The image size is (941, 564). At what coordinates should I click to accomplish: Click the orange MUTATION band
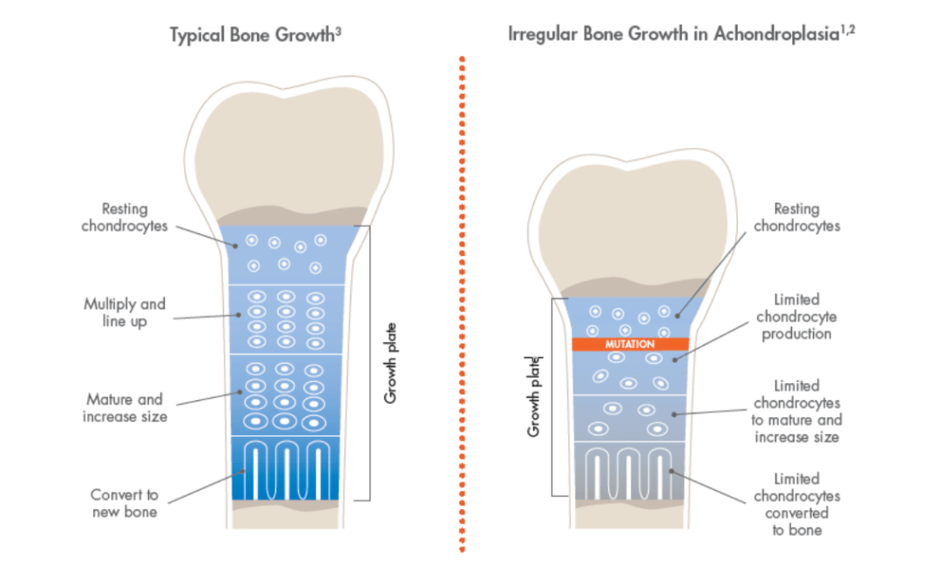coord(630,344)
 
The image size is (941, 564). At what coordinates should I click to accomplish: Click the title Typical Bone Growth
coord(252,35)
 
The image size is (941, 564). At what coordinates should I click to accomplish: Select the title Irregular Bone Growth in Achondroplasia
coord(674,34)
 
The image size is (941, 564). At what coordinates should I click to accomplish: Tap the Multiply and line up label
coord(125,312)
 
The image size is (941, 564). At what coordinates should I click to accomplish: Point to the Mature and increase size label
coord(125,407)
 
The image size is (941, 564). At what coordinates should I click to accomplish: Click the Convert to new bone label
coord(125,503)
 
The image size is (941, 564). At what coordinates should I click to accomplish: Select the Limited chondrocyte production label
coord(796,317)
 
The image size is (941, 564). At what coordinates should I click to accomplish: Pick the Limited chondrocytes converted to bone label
coord(797,504)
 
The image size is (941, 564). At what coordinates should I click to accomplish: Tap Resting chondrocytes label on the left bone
coord(125,217)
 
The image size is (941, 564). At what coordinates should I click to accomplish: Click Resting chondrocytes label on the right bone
coord(797,217)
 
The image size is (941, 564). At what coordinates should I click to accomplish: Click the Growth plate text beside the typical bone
coord(390,363)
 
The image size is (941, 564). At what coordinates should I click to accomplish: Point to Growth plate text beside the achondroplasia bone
coord(533,396)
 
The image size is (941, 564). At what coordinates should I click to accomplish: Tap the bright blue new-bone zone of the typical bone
coord(285,468)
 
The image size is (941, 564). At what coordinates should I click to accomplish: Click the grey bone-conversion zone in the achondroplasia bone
coord(629,471)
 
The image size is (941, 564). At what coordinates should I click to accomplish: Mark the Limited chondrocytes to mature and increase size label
coord(797,411)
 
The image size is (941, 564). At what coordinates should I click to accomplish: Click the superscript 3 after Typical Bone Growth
coord(338,30)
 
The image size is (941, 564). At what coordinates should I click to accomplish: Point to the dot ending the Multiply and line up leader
coord(238,315)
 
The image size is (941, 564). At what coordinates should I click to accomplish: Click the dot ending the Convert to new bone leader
coord(242,472)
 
